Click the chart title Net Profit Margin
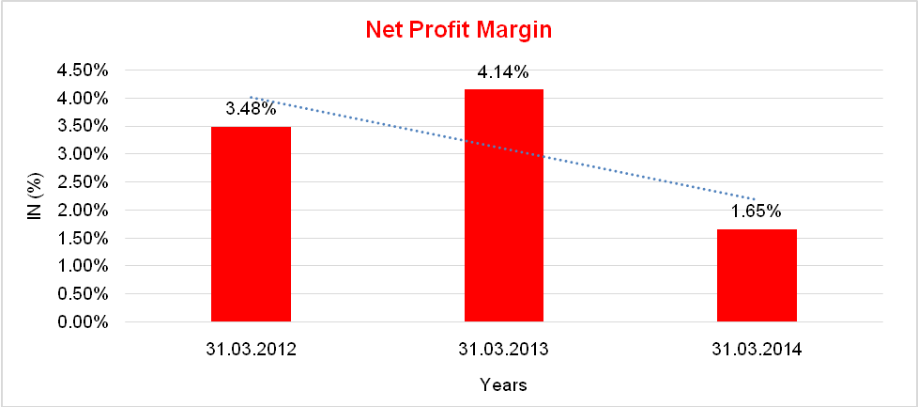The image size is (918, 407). tap(458, 30)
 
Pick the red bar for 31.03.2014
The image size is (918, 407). tap(757, 275)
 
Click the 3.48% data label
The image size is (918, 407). tap(251, 109)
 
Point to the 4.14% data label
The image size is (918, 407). tap(503, 72)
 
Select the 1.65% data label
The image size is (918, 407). tap(757, 211)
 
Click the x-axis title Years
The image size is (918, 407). tap(503, 384)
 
